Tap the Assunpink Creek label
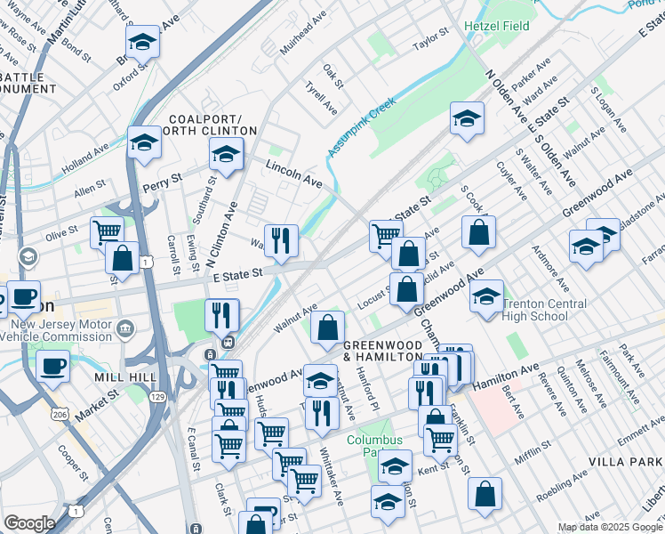pyautogui.click(x=360, y=129)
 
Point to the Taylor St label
pyautogui.click(x=432, y=43)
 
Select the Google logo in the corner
pyautogui.click(x=28, y=523)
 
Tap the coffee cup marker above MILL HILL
pyautogui.click(x=52, y=365)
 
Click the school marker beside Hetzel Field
pyautogui.click(x=466, y=117)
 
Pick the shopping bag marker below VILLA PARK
pyautogui.click(x=485, y=493)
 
